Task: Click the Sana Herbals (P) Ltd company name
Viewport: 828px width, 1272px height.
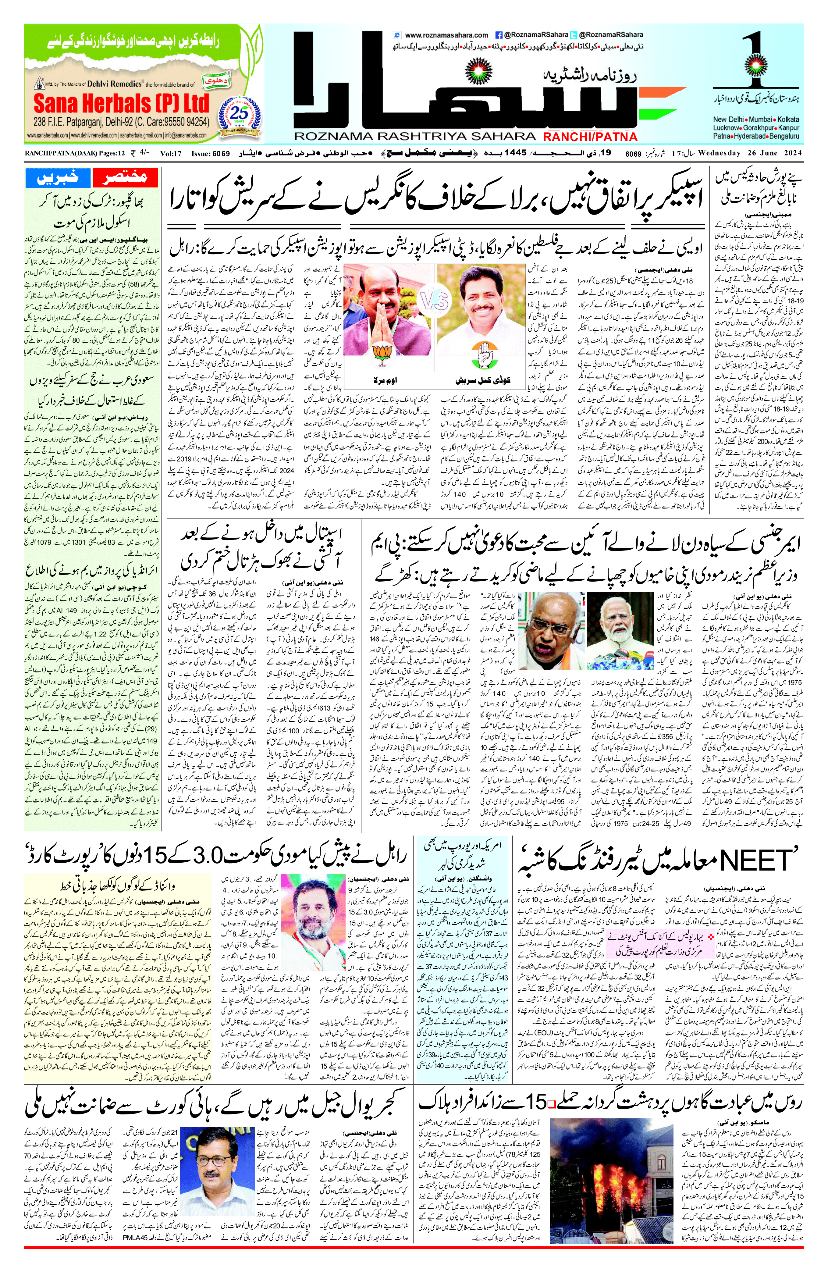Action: click(x=121, y=103)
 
